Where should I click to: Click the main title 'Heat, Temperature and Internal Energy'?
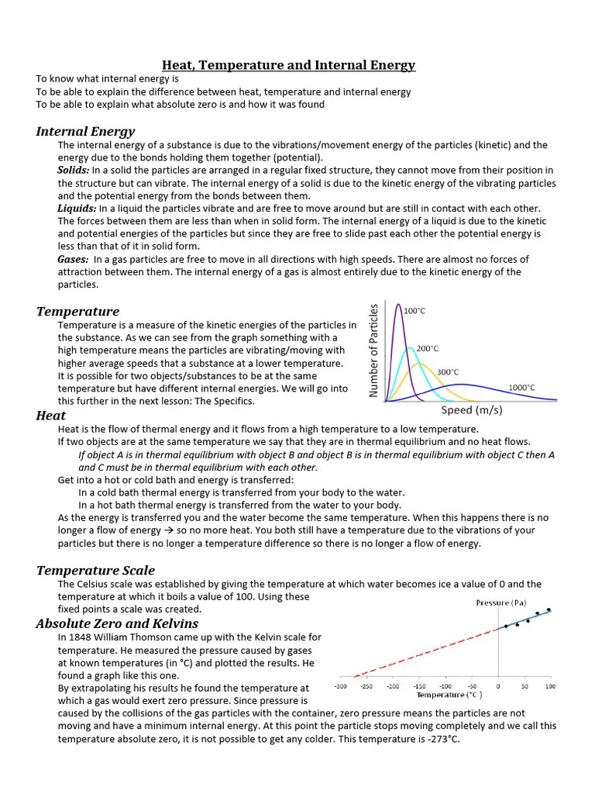[288, 65]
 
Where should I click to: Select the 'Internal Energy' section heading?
[85, 131]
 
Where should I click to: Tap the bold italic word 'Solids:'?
[74, 170]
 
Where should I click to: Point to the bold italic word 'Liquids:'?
[77, 209]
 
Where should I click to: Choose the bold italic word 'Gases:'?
[74, 259]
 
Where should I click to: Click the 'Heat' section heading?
[51, 416]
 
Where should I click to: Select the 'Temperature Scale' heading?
[95, 571]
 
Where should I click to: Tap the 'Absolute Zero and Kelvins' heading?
[117, 623]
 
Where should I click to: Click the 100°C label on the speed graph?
[414, 311]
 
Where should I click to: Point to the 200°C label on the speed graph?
[428, 349]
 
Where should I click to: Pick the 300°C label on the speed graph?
[448, 372]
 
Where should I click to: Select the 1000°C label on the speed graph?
[521, 387]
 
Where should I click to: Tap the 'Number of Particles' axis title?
[374, 350]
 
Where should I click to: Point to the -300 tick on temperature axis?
[340, 687]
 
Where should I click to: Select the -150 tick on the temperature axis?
[419, 687]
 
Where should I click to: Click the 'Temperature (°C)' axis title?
[450, 696]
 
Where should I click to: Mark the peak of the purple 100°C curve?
[399, 305]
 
